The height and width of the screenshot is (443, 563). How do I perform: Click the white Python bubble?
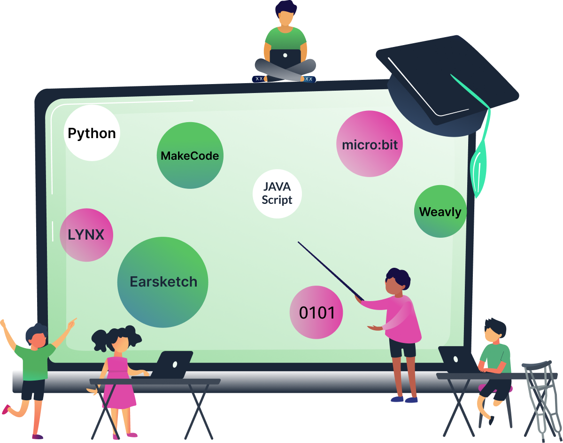92,133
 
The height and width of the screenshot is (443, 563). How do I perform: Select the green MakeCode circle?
190,155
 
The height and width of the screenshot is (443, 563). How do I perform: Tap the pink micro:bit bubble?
370,144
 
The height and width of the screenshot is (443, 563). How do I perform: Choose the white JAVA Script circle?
277,194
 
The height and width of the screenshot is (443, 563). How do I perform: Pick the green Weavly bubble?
440,211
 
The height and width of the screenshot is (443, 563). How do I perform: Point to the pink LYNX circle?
86,234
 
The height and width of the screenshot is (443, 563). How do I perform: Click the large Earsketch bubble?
163,282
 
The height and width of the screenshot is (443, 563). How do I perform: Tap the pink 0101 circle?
316,312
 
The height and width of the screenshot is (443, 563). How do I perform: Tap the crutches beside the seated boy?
540,399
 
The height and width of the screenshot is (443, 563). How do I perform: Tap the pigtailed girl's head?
118,341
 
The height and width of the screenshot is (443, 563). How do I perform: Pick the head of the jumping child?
36,335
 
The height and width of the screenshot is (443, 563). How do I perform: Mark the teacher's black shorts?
402,348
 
